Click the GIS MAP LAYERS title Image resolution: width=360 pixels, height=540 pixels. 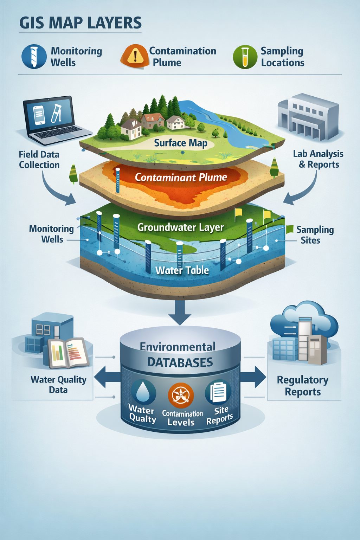tap(81, 23)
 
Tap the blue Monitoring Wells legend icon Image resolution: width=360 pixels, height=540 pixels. tap(34, 56)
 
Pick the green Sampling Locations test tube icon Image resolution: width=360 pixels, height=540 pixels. tap(245, 57)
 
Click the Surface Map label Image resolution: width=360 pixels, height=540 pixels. tap(180, 143)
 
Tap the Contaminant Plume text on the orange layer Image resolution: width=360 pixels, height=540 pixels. tap(181, 177)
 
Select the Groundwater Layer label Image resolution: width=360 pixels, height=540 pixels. tap(180, 227)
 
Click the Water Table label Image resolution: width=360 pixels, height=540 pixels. tap(182, 270)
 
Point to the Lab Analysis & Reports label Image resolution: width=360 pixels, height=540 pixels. tap(318, 159)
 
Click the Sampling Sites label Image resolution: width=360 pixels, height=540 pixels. tap(315, 235)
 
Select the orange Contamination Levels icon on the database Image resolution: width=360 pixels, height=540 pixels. tap(181, 395)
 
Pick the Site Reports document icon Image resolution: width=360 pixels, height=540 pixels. tap(218, 392)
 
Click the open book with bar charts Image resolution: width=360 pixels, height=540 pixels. tap(68, 353)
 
